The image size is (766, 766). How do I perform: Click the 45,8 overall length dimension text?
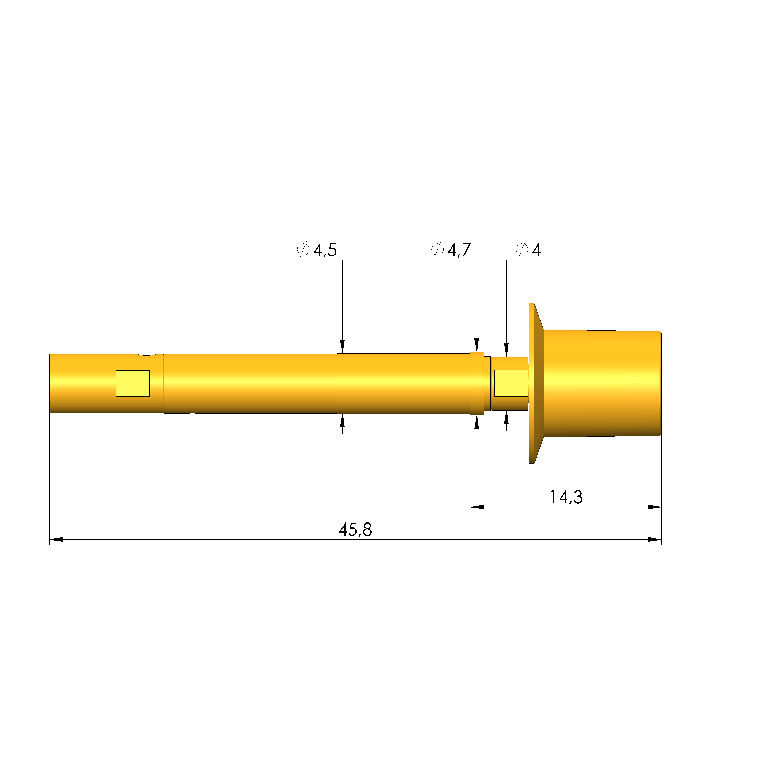pos(355,530)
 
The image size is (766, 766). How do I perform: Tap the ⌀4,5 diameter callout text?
pos(317,250)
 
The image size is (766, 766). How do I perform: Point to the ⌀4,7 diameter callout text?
pos(451,250)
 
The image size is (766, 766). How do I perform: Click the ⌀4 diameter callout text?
pos(528,250)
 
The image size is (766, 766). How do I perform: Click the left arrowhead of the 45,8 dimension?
pos(56,540)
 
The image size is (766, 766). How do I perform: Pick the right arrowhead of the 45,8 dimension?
pos(654,540)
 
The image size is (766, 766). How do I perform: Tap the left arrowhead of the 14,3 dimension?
pos(477,507)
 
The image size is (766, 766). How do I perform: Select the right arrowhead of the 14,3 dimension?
pos(654,507)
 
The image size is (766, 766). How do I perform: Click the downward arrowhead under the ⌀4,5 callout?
pos(343,346)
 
